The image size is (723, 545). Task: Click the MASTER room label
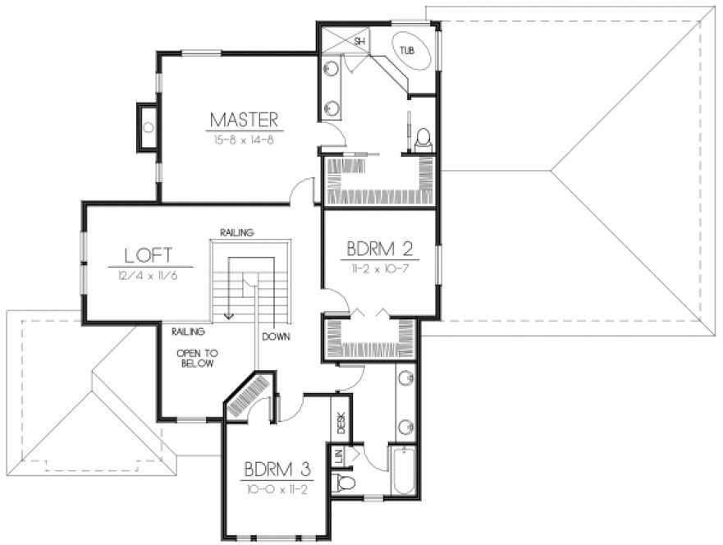245,119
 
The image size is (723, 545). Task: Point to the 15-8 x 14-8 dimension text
245,140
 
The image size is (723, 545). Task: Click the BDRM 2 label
380,247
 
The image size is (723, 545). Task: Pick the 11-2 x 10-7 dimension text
380,268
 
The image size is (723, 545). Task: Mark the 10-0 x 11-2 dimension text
277,489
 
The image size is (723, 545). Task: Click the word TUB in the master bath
407,51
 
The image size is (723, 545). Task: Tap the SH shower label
359,40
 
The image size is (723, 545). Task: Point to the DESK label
341,423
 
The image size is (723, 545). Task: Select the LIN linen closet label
338,456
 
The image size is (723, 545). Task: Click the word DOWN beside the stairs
275,337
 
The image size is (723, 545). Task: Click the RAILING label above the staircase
236,232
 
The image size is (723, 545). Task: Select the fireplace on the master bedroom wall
147,127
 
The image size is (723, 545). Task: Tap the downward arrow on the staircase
230,312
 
